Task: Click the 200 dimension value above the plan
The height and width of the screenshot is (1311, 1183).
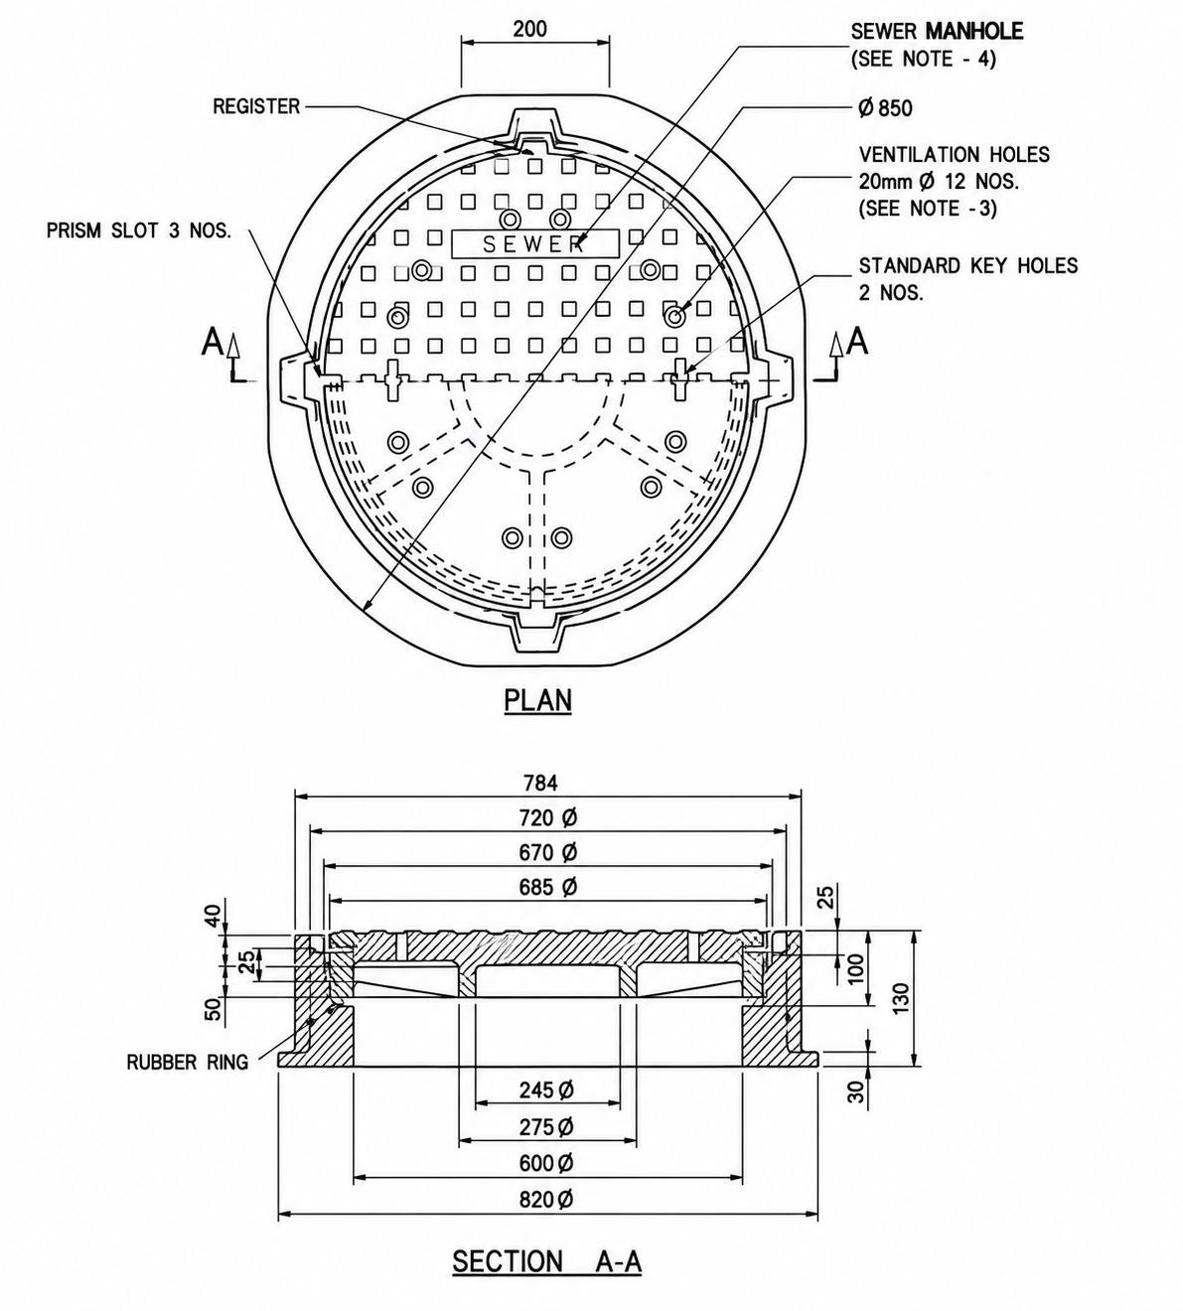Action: click(530, 29)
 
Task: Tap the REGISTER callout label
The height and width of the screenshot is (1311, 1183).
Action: click(256, 106)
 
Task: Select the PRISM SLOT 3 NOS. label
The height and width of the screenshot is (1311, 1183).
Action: click(139, 230)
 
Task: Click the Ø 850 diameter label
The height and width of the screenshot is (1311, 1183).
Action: click(886, 108)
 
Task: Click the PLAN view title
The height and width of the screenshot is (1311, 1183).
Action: click(538, 700)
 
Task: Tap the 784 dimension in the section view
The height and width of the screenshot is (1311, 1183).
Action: click(541, 783)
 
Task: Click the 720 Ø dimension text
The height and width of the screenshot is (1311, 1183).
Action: click(549, 817)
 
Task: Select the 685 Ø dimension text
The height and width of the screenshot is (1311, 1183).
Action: click(549, 887)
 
